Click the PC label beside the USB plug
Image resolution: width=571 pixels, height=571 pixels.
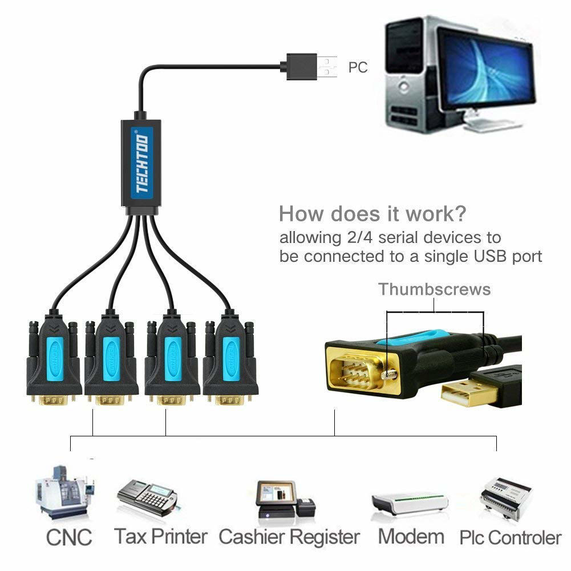tap(358, 67)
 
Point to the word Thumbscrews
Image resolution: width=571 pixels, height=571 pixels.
tap(435, 289)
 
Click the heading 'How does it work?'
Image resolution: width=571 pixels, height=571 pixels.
tap(372, 214)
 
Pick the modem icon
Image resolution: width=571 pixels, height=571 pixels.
tap(410, 503)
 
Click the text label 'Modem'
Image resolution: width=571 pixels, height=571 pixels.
tap(411, 537)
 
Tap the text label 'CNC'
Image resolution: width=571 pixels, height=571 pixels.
tap(68, 537)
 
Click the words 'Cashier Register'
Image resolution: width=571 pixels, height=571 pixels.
tap(289, 537)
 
